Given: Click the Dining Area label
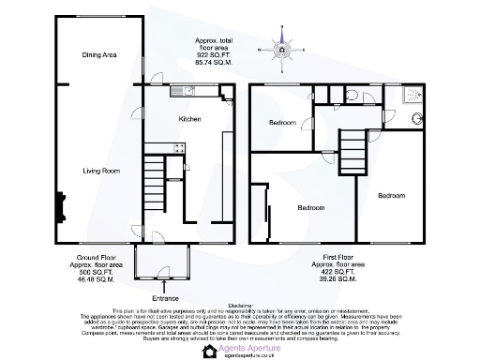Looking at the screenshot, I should coord(98,55).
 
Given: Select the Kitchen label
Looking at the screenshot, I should coord(190,120).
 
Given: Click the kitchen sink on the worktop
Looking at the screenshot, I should coord(182,92).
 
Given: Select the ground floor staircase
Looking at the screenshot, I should coord(156,179).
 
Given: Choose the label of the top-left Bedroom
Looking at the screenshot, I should coord(283,123).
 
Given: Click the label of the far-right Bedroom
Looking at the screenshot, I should coord(391,195).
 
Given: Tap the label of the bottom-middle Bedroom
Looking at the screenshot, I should coord(311,207).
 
